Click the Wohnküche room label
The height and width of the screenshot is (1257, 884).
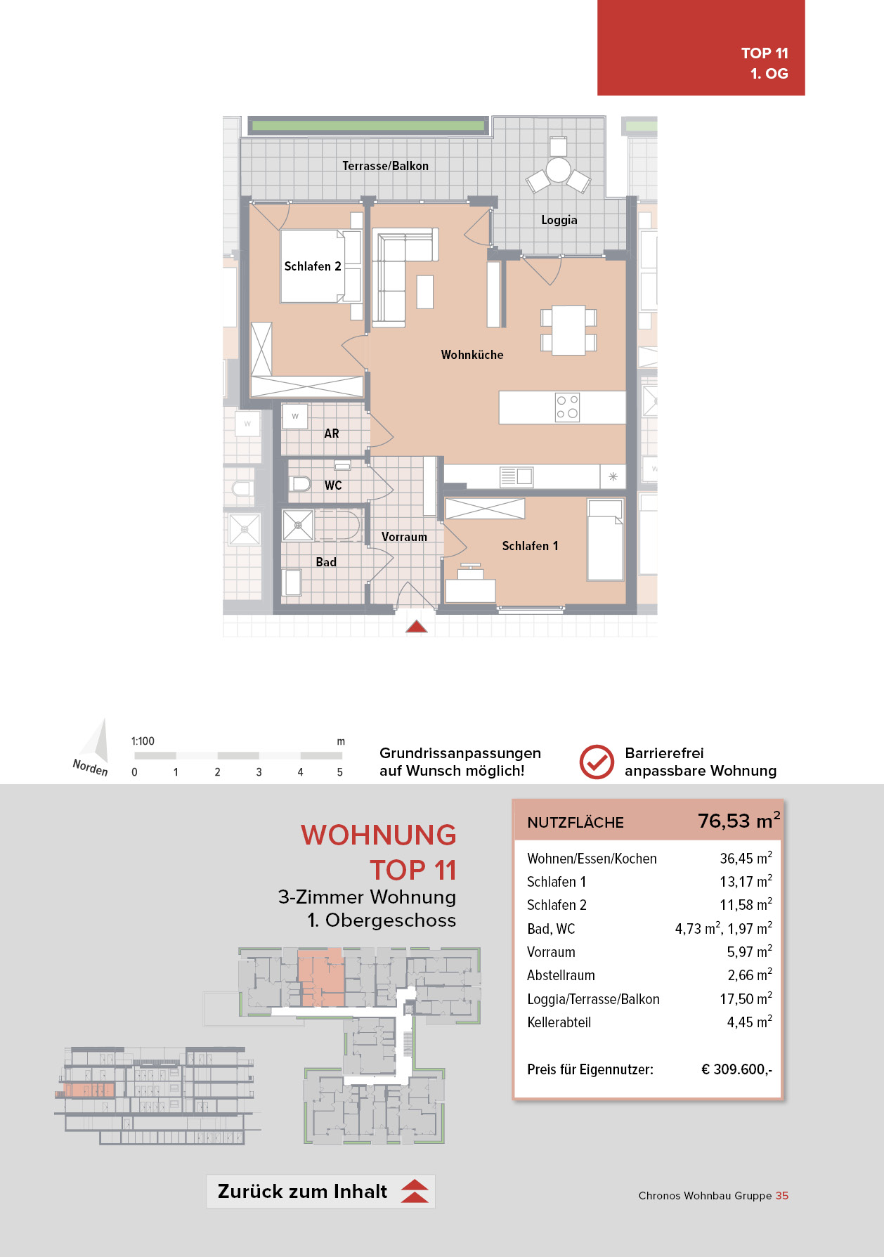click(472, 355)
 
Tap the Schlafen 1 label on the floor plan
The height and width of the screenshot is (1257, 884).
click(530, 546)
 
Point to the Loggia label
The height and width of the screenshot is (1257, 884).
click(559, 220)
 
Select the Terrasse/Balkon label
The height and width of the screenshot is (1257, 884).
click(385, 166)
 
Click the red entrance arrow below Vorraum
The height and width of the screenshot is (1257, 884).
click(417, 626)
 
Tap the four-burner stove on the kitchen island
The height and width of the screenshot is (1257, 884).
click(567, 407)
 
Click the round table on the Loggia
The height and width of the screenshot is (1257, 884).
click(559, 170)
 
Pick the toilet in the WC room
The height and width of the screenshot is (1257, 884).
click(300, 483)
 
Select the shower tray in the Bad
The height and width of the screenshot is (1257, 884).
click(298, 525)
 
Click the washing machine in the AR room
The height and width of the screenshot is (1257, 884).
click(295, 416)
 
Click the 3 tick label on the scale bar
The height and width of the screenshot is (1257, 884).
click(259, 772)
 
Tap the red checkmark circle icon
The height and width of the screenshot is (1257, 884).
click(597, 762)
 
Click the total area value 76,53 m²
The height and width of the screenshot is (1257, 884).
click(739, 821)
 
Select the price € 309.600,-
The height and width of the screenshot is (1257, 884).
click(736, 1069)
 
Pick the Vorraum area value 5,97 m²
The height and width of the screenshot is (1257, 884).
click(749, 951)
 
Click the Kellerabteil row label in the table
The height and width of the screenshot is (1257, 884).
click(559, 1022)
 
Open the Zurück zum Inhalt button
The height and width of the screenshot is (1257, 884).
click(320, 1192)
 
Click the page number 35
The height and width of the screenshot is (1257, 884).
click(782, 1196)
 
